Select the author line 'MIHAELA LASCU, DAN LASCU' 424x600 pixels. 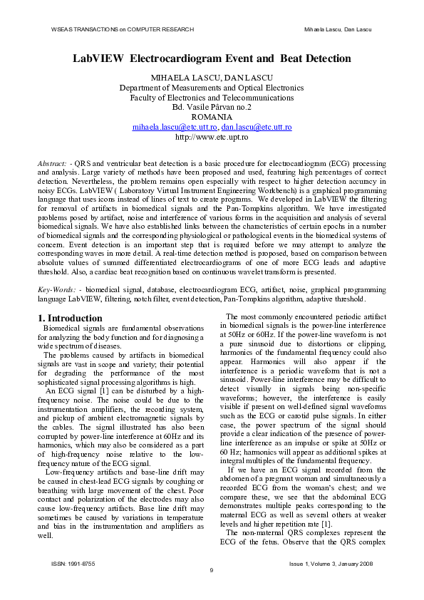tap(212, 77)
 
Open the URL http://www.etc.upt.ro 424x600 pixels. tap(212, 137)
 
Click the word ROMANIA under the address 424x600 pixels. tap(212, 117)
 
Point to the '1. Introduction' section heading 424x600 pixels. tap(70, 318)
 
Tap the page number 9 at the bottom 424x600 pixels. tap(212, 570)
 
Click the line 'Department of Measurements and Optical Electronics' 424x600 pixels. tap(212, 87)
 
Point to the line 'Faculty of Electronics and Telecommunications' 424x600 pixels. tap(212, 97)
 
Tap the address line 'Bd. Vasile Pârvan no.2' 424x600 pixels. tap(212, 107)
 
